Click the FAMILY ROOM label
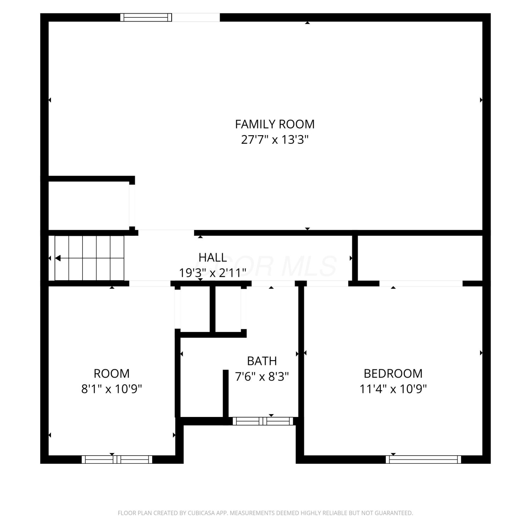click(275, 124)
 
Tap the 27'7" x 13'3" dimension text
click(275, 140)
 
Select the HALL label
click(213, 257)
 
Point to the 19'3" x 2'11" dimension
click(212, 273)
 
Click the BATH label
click(262, 361)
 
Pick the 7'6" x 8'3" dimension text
click(262, 376)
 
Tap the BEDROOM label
click(393, 373)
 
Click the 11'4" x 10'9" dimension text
click(393, 389)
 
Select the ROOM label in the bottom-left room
click(112, 373)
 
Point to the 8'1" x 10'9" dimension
click(112, 389)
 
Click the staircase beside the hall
click(89, 258)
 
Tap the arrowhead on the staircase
click(58, 258)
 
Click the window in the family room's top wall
click(146, 17)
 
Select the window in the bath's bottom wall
click(263, 421)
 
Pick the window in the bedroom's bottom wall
click(423, 459)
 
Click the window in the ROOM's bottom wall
click(117, 459)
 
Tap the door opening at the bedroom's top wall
click(421, 284)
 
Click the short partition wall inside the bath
click(225, 393)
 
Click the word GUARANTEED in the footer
click(396, 513)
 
